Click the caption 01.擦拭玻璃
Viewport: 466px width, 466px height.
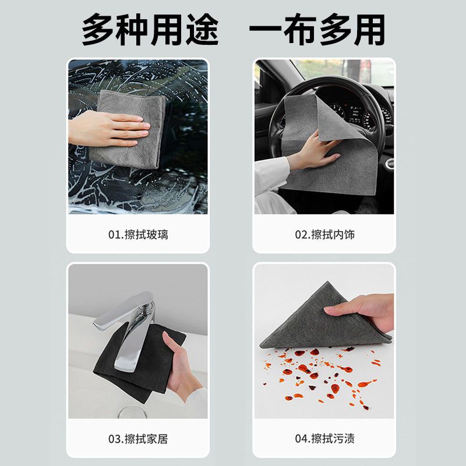pyautogui.click(x=138, y=235)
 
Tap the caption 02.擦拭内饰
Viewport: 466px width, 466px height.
pyautogui.click(x=325, y=235)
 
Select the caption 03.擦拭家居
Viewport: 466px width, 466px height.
pyautogui.click(x=138, y=439)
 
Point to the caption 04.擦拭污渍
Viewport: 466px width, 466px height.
pyautogui.click(x=325, y=439)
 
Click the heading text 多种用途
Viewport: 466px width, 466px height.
pyautogui.click(x=150, y=30)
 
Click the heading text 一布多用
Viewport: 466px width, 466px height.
pyautogui.click(x=317, y=30)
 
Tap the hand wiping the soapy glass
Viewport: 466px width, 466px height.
pyautogui.click(x=110, y=129)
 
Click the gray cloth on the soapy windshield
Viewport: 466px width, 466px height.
pyautogui.click(x=128, y=129)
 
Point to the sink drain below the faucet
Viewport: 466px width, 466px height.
pyautogui.click(x=130, y=412)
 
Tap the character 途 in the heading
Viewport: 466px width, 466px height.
pyautogui.click(x=203, y=30)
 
